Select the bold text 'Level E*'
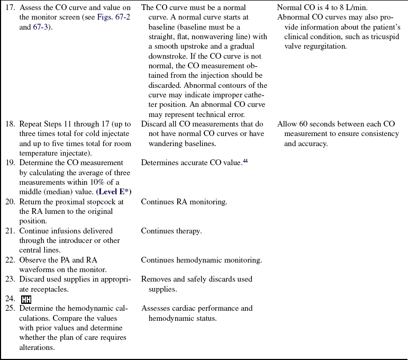click(x=114, y=192)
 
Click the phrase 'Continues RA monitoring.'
click(x=184, y=202)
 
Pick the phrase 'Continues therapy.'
click(x=171, y=231)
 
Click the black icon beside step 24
click(x=26, y=300)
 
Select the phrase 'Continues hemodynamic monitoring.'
click(x=202, y=260)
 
